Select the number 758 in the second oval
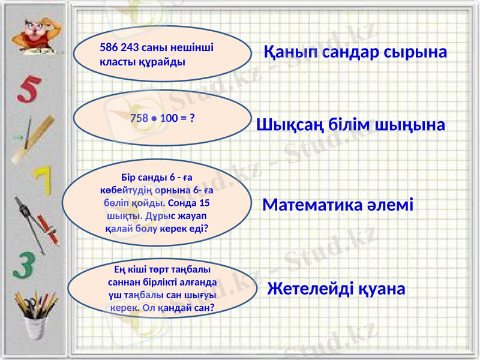(x=139, y=118)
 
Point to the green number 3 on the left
(x=24, y=264)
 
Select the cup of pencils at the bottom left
(x=30, y=321)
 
